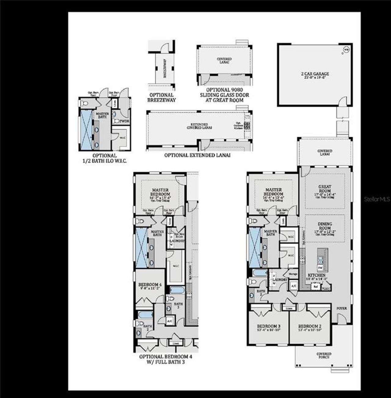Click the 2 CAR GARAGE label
315,75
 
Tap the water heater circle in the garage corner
346,49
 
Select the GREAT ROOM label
324,189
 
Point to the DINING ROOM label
325,226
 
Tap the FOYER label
342,308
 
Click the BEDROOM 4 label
150,284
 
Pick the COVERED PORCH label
324,356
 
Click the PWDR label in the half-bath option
125,121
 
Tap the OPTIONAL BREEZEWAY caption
162,97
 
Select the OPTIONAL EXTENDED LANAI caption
197,155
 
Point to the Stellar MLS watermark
377,199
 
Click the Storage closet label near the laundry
293,274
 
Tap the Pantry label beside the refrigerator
326,288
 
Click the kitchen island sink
320,260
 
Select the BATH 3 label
178,306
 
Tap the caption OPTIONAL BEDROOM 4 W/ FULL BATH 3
166,359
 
